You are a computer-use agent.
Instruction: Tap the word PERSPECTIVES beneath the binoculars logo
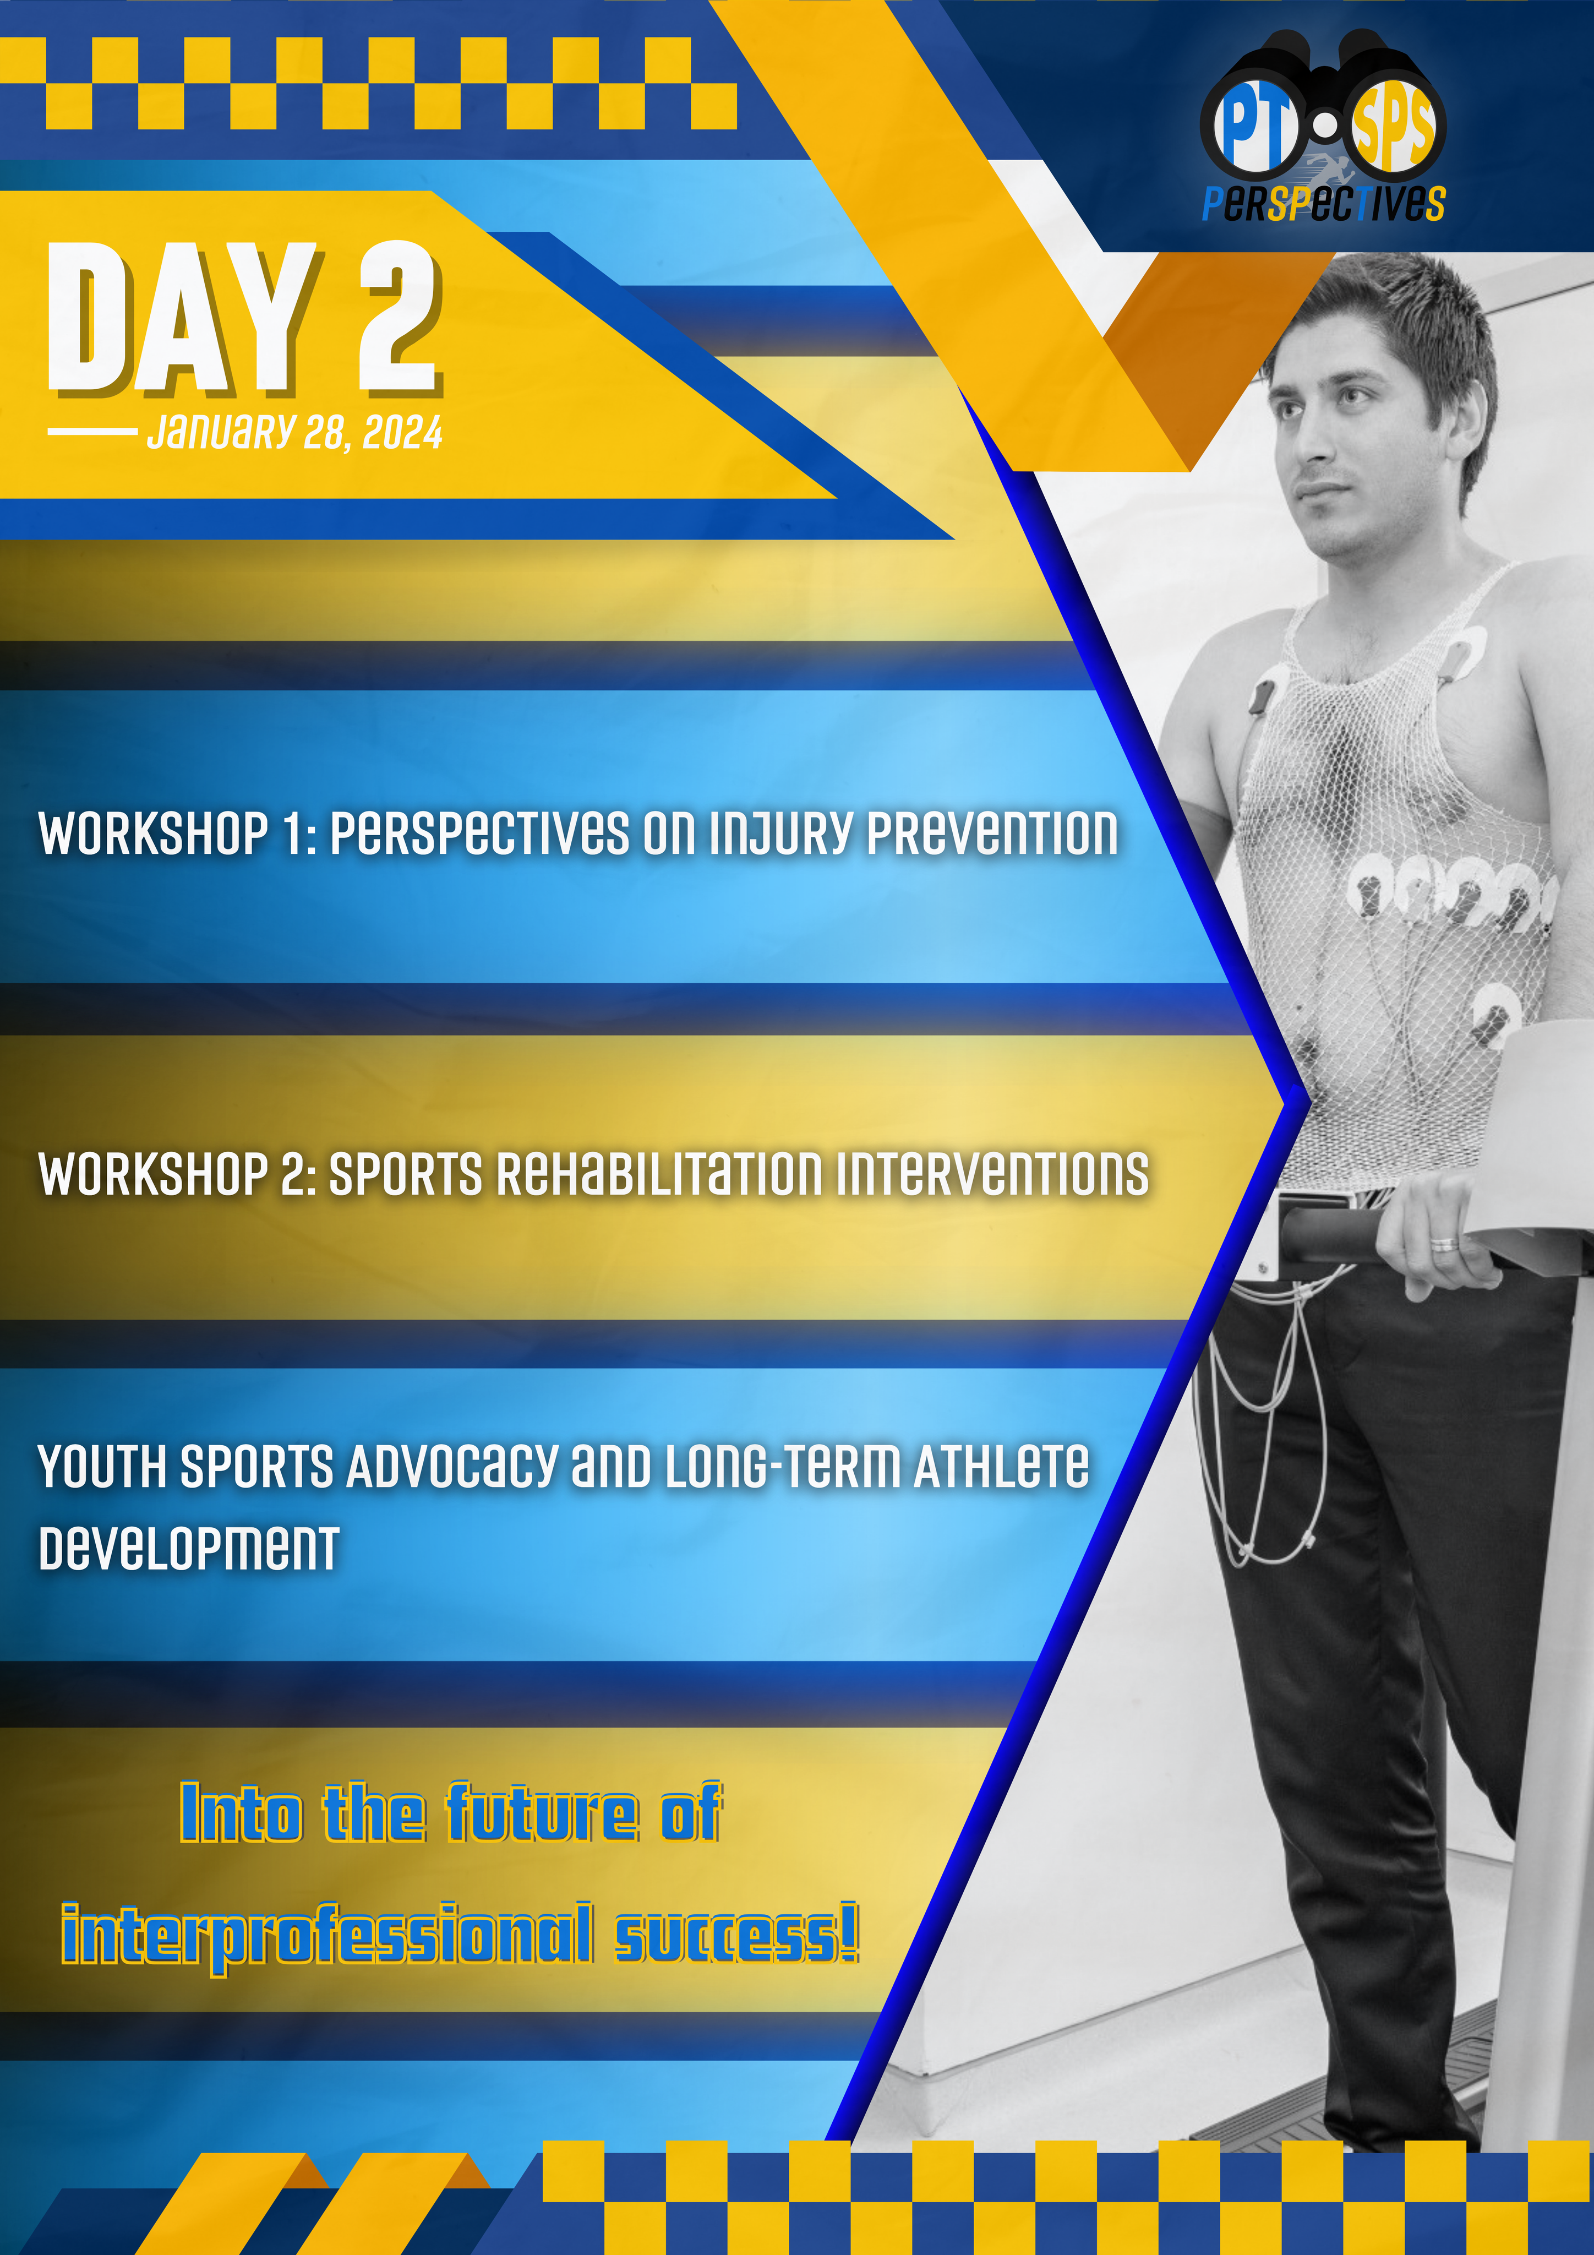click(1324, 203)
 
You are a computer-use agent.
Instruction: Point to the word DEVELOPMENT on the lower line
click(189, 1548)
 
